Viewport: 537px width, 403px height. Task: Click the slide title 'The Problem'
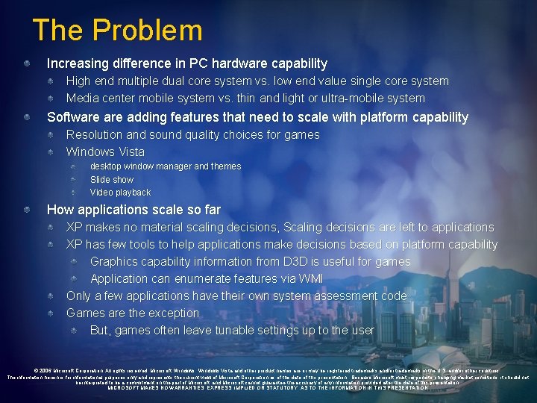117,31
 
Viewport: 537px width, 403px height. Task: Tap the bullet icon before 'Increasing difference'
27,64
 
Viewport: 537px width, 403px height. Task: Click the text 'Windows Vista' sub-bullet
105,152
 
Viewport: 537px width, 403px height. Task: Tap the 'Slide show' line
112,179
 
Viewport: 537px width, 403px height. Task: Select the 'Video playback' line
120,193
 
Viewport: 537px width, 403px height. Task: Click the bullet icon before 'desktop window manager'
74,166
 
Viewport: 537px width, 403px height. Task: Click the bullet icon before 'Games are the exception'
50,313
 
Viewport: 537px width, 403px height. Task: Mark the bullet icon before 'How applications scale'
27,210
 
